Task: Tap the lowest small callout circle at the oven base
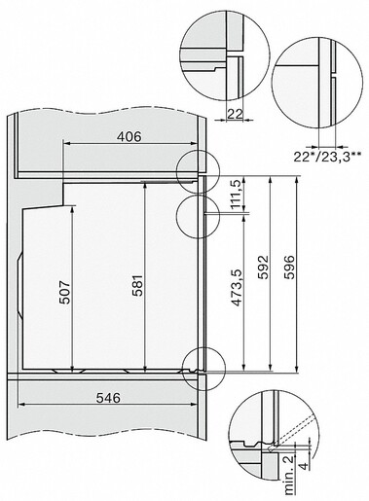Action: coord(201,368)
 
